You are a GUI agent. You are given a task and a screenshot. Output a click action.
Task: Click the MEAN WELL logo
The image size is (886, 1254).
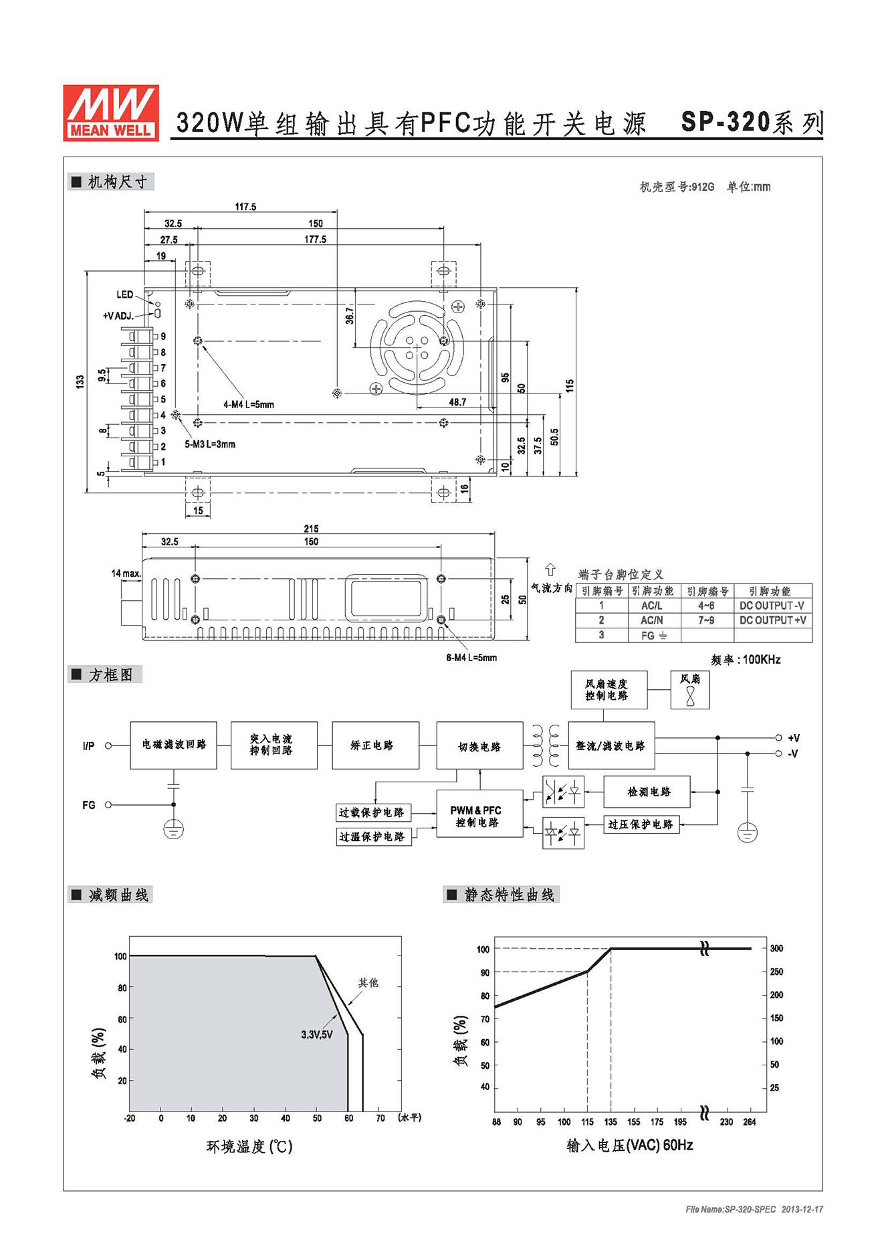pyautogui.click(x=111, y=112)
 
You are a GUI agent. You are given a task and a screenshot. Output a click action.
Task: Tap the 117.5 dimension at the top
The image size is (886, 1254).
pyautogui.click(x=245, y=207)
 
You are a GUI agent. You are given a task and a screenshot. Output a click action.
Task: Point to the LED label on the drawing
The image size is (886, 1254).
pyautogui.click(x=125, y=294)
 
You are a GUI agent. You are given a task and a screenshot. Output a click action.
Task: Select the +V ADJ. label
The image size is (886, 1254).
pyautogui.click(x=118, y=316)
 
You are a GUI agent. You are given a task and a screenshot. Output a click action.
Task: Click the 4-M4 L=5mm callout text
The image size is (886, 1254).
pyautogui.click(x=249, y=404)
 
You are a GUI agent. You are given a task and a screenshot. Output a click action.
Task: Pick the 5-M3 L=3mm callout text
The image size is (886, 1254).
pyautogui.click(x=210, y=444)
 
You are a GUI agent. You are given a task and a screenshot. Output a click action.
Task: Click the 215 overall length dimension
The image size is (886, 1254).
pyautogui.click(x=311, y=529)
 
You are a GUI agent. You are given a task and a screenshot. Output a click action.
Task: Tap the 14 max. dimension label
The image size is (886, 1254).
pyautogui.click(x=126, y=573)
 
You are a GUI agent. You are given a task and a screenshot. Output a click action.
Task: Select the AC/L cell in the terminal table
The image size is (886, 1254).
pyautogui.click(x=652, y=606)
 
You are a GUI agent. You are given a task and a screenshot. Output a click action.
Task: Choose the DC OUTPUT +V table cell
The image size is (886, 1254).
pyautogui.click(x=773, y=620)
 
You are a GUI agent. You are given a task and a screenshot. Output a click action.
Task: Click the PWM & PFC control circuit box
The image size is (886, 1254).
pyautogui.click(x=479, y=814)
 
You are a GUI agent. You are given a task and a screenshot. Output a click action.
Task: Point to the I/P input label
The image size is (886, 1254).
pyautogui.click(x=89, y=746)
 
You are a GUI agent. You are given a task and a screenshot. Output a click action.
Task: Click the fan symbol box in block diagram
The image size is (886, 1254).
pyautogui.click(x=690, y=690)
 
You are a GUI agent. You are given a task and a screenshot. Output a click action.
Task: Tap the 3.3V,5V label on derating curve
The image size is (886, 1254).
pyautogui.click(x=317, y=1035)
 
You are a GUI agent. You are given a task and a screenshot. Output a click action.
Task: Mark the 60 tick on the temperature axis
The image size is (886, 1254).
pyautogui.click(x=349, y=1118)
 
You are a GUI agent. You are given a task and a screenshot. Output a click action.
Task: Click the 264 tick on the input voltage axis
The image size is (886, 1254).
pyautogui.click(x=750, y=1122)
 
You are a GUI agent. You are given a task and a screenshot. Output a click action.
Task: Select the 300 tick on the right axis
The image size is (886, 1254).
pyautogui.click(x=776, y=948)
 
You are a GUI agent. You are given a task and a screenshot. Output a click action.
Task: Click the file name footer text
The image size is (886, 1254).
pyautogui.click(x=754, y=1209)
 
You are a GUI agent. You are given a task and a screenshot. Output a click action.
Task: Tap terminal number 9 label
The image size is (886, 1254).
pyautogui.click(x=163, y=337)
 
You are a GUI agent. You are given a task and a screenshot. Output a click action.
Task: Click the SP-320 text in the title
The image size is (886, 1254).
pyautogui.click(x=726, y=122)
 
